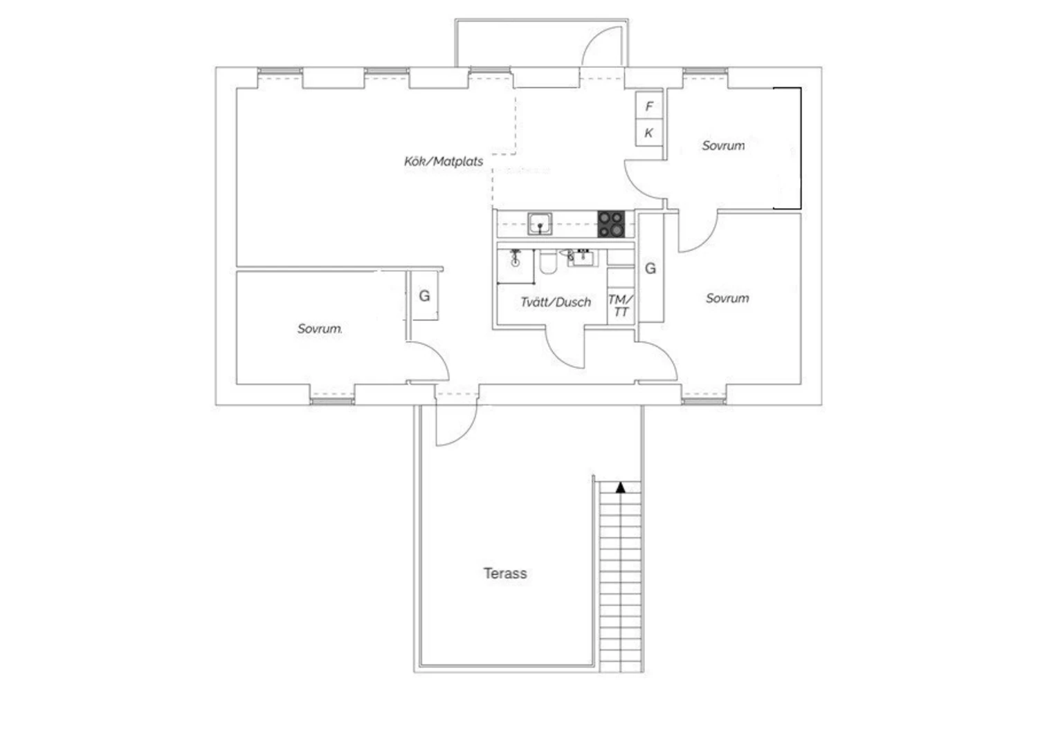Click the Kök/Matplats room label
click(x=444, y=162)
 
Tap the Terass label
click(x=505, y=573)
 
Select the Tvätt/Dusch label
click(x=556, y=302)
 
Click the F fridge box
click(x=649, y=106)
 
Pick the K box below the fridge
click(x=649, y=133)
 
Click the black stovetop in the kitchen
click(x=611, y=224)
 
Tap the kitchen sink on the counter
click(x=540, y=224)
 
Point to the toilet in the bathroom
click(x=548, y=263)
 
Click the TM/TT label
click(x=621, y=306)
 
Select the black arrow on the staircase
click(x=621, y=488)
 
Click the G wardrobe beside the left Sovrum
click(x=424, y=295)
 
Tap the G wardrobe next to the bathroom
click(x=650, y=268)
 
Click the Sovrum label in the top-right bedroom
click(x=723, y=145)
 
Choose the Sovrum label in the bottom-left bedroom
click(x=319, y=328)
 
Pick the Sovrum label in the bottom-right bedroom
click(x=727, y=298)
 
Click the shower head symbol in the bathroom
click(x=516, y=257)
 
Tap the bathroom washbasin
click(x=581, y=257)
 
